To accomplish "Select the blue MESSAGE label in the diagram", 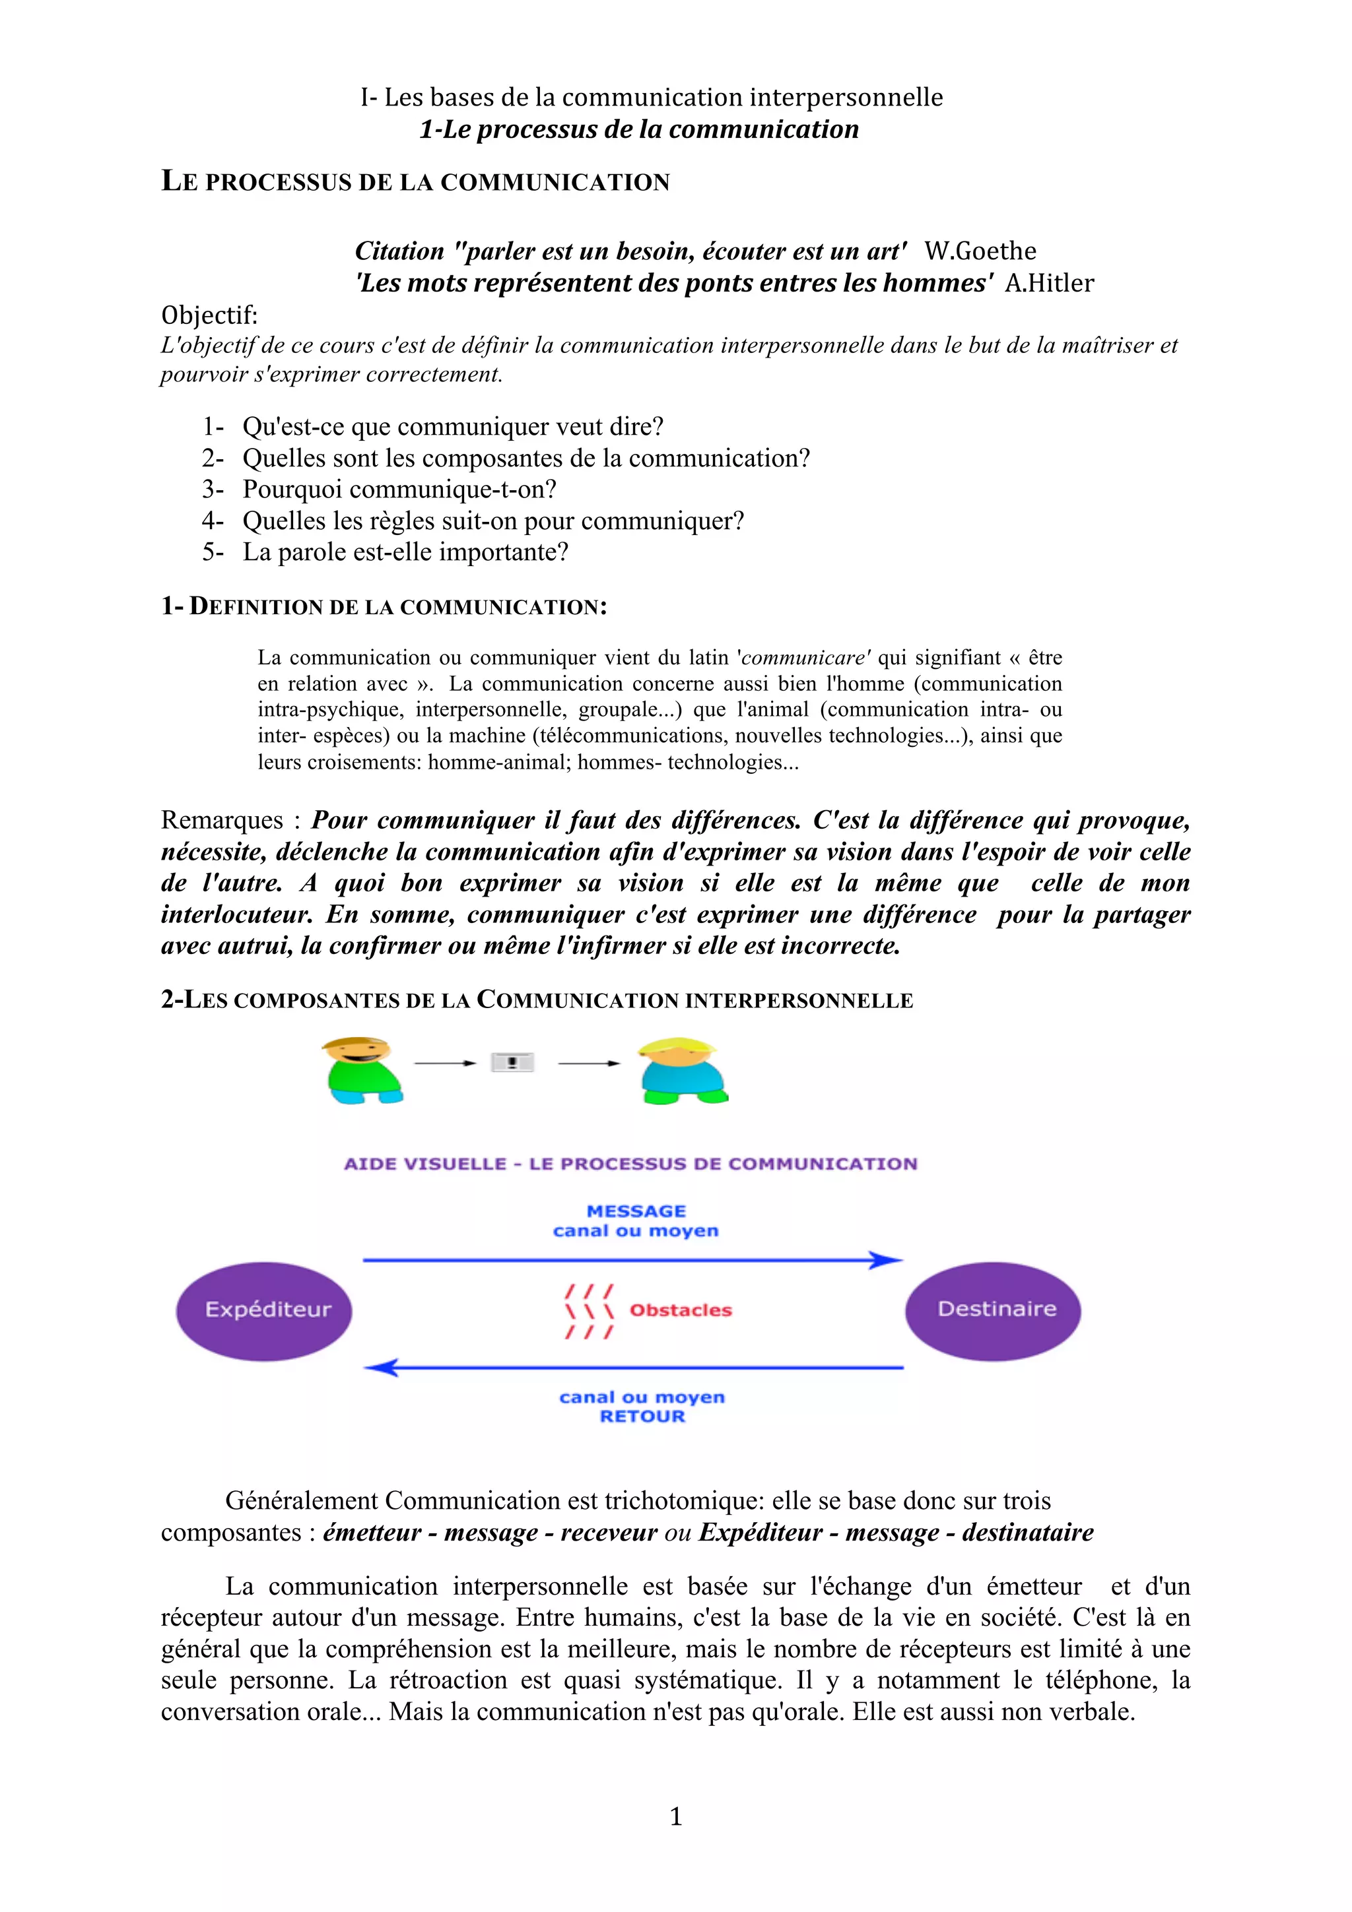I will point(636,1211).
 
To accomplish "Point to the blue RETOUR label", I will point(642,1417).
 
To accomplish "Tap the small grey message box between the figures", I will point(512,1063).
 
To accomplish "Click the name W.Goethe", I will point(980,251).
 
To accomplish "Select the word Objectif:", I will point(209,315).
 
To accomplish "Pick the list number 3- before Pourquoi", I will point(213,490).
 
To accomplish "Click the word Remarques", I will point(222,820).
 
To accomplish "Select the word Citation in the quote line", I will point(399,251).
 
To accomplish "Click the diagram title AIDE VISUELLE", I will point(425,1164).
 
